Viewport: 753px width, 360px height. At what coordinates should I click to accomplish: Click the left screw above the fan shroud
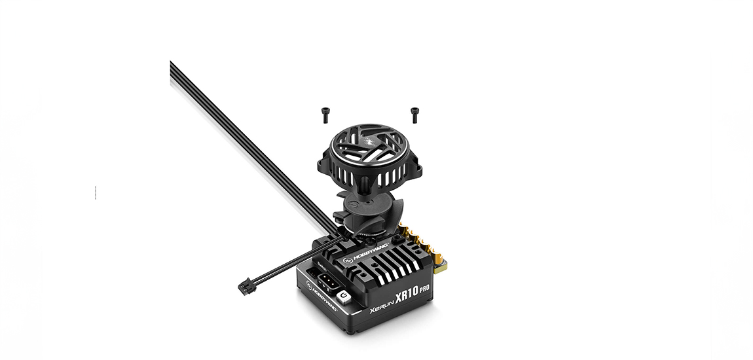click(x=325, y=115)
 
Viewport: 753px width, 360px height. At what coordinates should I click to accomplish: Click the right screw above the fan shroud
click(x=414, y=115)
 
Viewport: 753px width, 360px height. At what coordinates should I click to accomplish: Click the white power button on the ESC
click(x=344, y=297)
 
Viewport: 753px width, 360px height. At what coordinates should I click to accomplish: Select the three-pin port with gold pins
click(x=327, y=283)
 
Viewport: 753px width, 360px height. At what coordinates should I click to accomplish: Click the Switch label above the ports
click(x=323, y=266)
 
